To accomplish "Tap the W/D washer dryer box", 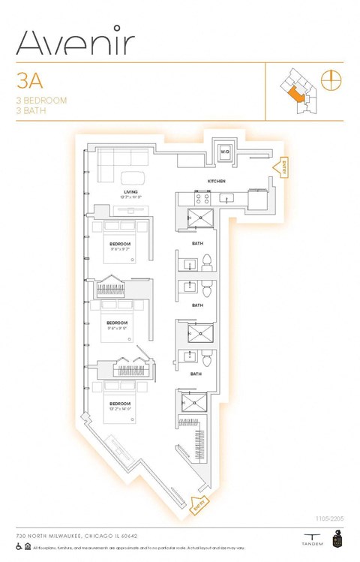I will (x=224, y=152).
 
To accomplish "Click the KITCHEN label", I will (x=217, y=182).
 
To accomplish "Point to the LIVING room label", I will (x=132, y=192).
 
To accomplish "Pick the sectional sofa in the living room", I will (x=124, y=159).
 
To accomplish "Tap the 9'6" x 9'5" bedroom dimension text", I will (x=119, y=327).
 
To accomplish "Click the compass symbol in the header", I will (x=329, y=79).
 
